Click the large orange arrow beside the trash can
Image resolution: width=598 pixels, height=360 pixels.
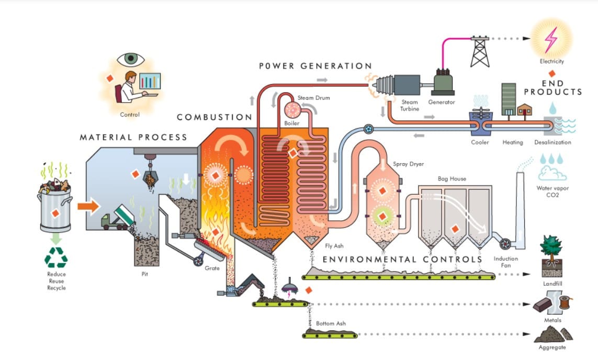click(88, 206)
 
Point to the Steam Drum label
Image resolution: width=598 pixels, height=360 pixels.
click(314, 98)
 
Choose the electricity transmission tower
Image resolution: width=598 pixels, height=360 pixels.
click(480, 51)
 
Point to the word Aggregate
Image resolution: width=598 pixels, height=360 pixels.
click(552, 347)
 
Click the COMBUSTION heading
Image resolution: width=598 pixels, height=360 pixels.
click(215, 117)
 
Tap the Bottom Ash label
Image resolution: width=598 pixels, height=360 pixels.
click(331, 323)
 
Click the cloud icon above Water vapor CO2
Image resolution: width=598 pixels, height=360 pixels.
click(552, 172)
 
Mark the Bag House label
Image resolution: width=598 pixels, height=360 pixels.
click(452, 179)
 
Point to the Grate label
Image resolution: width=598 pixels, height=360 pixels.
click(212, 268)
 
